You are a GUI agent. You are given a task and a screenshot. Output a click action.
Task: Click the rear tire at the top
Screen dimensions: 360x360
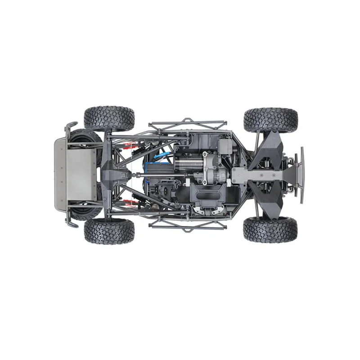pyautogui.click(x=109, y=118)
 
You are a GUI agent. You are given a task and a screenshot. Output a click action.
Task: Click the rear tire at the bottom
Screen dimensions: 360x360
pyautogui.click(x=109, y=230)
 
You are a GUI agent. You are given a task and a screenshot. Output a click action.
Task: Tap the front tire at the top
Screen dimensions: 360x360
pyautogui.click(x=271, y=119)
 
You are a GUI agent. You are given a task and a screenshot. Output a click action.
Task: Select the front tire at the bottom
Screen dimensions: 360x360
pyautogui.click(x=270, y=229)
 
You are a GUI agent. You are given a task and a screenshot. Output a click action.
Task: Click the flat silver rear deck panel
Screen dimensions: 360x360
pyautogui.click(x=75, y=175)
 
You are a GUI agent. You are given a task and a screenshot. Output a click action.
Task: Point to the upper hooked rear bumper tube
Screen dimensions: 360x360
pyautogui.click(x=70, y=128)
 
